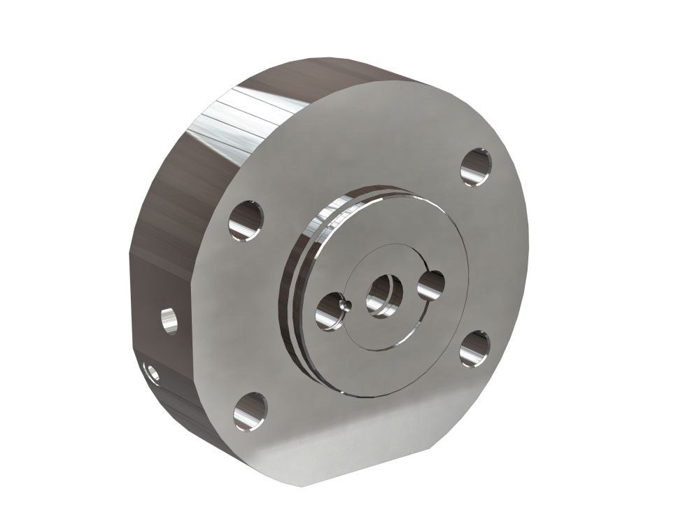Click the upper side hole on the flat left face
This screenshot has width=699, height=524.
click(x=168, y=321)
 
